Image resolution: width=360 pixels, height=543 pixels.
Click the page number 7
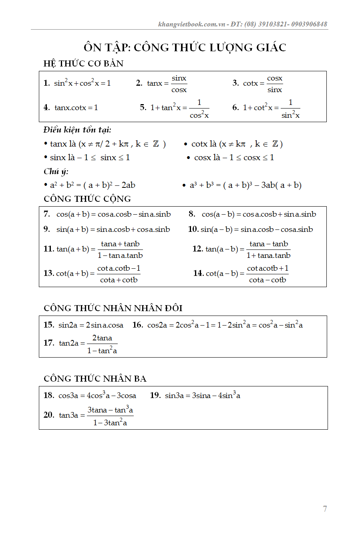(x=325, y=509)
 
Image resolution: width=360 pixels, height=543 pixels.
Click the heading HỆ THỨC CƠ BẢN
(x=83, y=64)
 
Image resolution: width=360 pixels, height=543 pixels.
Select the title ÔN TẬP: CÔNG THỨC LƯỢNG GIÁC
(x=185, y=47)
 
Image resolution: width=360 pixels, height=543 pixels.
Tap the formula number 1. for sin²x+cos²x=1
(x=46, y=83)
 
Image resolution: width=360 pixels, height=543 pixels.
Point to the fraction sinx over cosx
(x=179, y=84)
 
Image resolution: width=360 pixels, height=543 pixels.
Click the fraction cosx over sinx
(x=275, y=84)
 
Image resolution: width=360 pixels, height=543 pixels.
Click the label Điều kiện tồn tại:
(x=77, y=130)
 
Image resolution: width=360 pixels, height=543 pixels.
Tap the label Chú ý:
(x=56, y=171)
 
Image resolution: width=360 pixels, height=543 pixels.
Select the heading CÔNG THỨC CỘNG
(x=87, y=199)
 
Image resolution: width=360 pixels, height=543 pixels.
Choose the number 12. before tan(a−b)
(x=198, y=249)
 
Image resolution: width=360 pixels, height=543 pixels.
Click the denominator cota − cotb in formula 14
(x=267, y=280)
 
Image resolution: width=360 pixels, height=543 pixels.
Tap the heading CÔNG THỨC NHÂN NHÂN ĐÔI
(x=113, y=308)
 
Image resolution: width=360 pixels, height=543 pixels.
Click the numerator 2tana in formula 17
(x=102, y=338)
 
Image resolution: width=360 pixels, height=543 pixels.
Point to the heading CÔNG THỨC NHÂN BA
(x=95, y=379)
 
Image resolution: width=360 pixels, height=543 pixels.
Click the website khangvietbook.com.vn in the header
(x=192, y=24)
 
